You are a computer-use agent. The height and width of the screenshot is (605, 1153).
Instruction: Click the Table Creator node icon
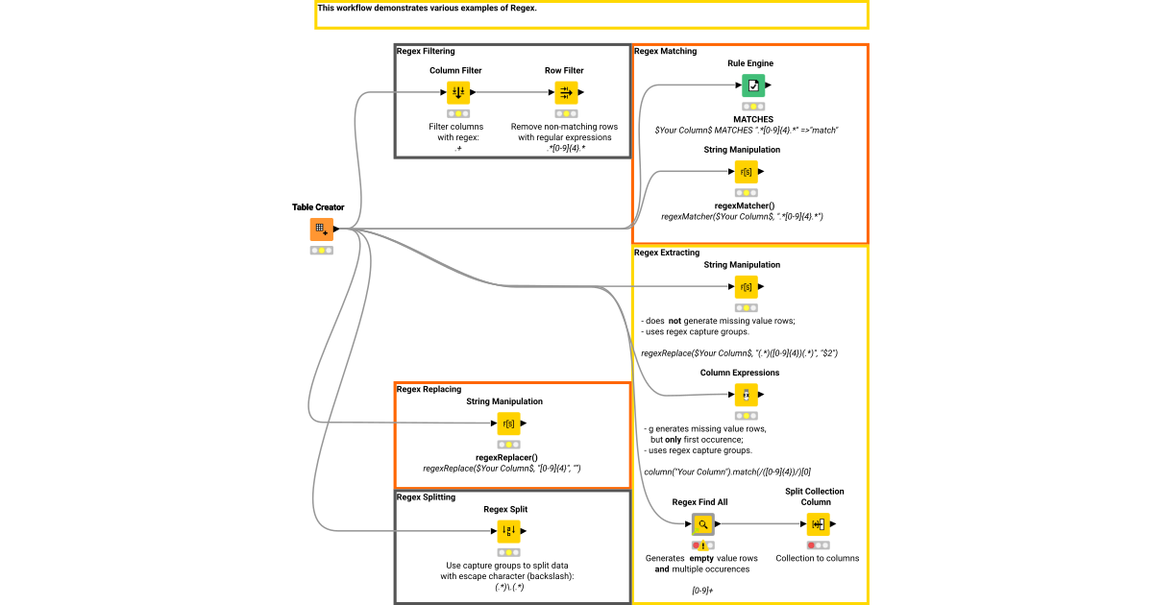321,230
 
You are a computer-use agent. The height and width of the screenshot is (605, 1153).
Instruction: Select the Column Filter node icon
458,92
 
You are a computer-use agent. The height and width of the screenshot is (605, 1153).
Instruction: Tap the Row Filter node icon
566,92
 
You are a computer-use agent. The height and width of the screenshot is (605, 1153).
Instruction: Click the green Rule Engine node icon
753,85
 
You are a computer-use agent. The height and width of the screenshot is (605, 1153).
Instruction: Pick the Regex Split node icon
509,530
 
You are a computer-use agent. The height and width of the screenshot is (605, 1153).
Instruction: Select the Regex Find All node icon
702,524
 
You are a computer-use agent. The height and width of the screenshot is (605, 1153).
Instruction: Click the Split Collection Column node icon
818,524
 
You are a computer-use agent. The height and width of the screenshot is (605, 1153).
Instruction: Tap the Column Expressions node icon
746,395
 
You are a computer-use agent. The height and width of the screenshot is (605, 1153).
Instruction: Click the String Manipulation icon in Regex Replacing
509,423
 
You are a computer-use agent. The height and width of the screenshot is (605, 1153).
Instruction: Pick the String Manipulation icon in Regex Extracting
746,287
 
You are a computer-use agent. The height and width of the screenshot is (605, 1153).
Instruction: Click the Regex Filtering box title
426,51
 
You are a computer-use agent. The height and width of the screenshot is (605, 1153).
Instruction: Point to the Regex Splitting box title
426,497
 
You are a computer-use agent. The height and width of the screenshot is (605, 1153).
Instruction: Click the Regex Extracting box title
666,253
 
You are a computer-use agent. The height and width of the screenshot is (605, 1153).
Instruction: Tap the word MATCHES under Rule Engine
753,119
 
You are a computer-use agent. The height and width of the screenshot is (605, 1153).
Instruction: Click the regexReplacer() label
506,457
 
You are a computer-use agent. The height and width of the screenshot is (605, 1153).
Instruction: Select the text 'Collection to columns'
818,558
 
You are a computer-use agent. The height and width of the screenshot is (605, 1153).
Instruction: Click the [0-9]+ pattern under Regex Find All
702,591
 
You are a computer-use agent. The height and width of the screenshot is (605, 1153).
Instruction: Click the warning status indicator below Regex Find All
702,545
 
